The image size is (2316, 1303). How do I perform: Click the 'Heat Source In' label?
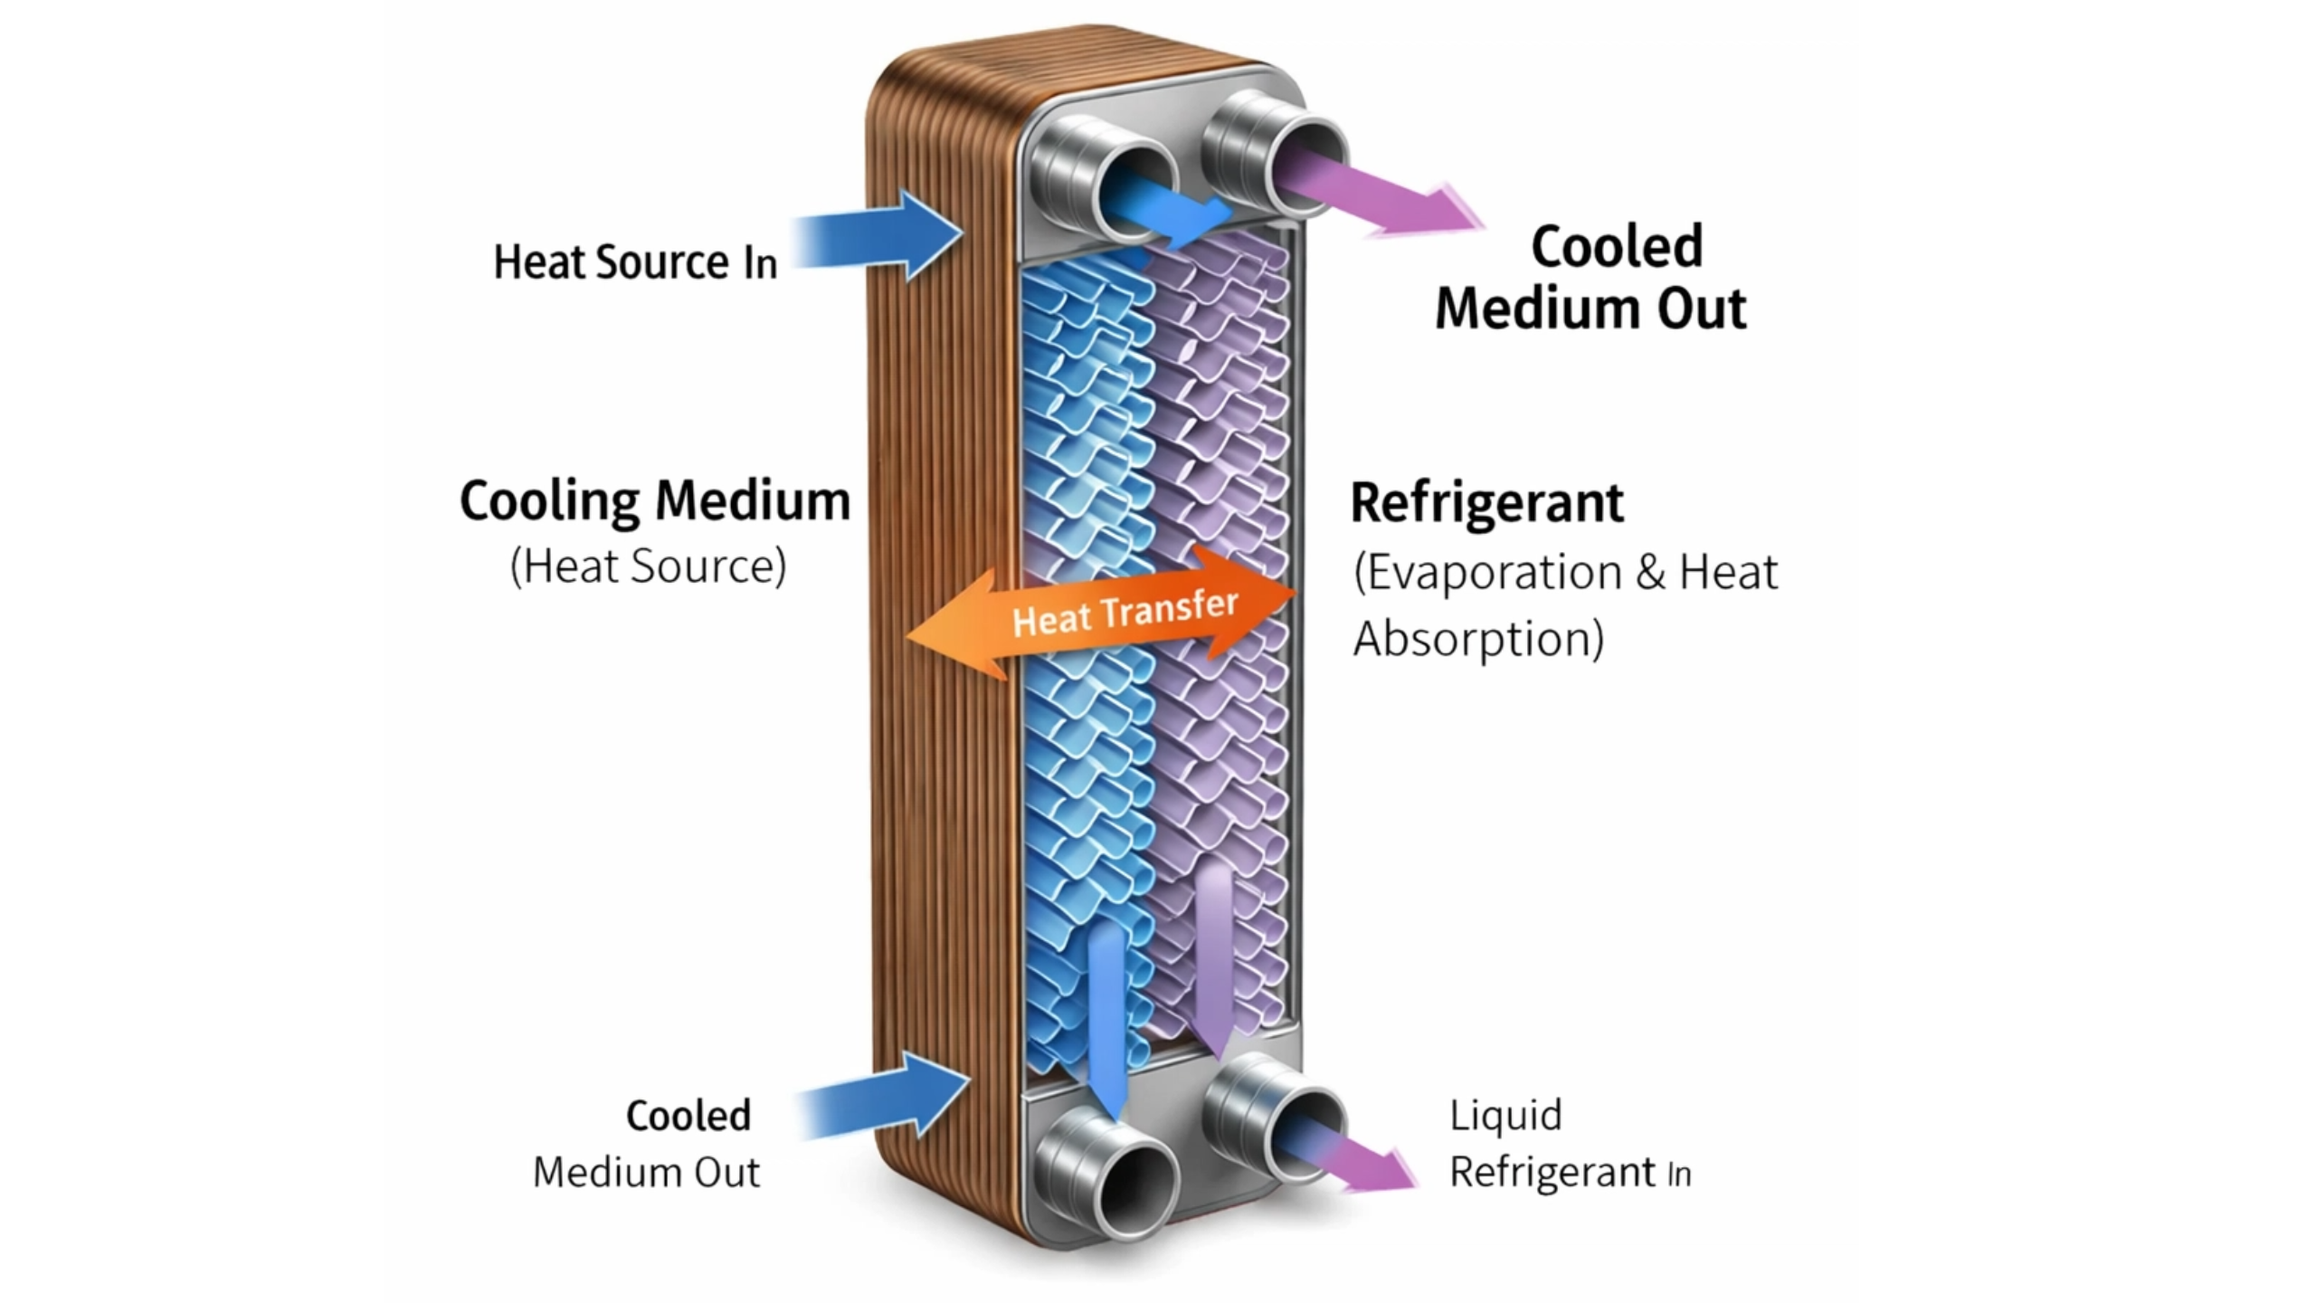[x=634, y=262]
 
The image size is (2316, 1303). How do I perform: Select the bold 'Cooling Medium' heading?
[x=655, y=500]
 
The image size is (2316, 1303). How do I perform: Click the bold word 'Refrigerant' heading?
[x=1486, y=503]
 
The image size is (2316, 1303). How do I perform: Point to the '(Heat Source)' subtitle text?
[x=648, y=566]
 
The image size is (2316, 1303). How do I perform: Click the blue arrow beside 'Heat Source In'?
[x=878, y=235]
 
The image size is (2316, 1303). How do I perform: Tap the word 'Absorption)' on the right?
[x=1478, y=640]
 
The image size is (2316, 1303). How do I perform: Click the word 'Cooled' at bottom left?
[x=688, y=1116]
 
